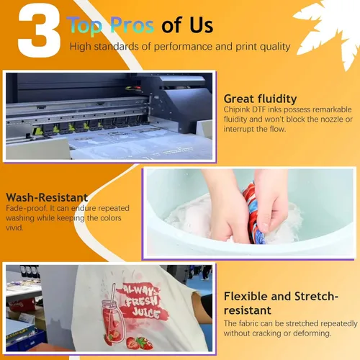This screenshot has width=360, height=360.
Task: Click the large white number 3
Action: [39, 30]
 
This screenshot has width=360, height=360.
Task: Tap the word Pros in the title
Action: [132, 25]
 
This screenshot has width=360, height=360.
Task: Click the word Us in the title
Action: [201, 25]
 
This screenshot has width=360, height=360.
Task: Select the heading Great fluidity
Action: [260, 99]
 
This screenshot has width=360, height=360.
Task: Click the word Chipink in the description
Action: [237, 109]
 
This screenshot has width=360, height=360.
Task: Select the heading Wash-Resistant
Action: [47, 197]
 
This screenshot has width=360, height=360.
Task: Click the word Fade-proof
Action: [27, 208]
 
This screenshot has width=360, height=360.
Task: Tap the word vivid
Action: [14, 228]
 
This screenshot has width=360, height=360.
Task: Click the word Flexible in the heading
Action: [246, 297]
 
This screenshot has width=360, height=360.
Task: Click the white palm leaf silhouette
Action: [329, 31]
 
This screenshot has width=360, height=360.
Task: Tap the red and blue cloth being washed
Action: [254, 214]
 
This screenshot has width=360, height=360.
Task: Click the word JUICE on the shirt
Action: [146, 312]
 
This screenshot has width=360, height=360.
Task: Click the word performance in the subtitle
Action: [183, 47]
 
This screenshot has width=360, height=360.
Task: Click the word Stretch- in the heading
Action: [316, 297]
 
